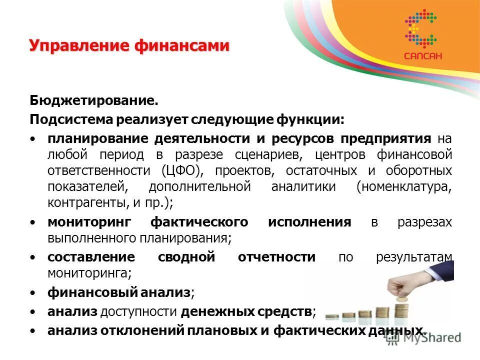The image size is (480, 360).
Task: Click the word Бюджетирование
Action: (x=93, y=101)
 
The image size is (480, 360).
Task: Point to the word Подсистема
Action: (x=71, y=120)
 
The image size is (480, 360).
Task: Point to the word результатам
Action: (x=413, y=257)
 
